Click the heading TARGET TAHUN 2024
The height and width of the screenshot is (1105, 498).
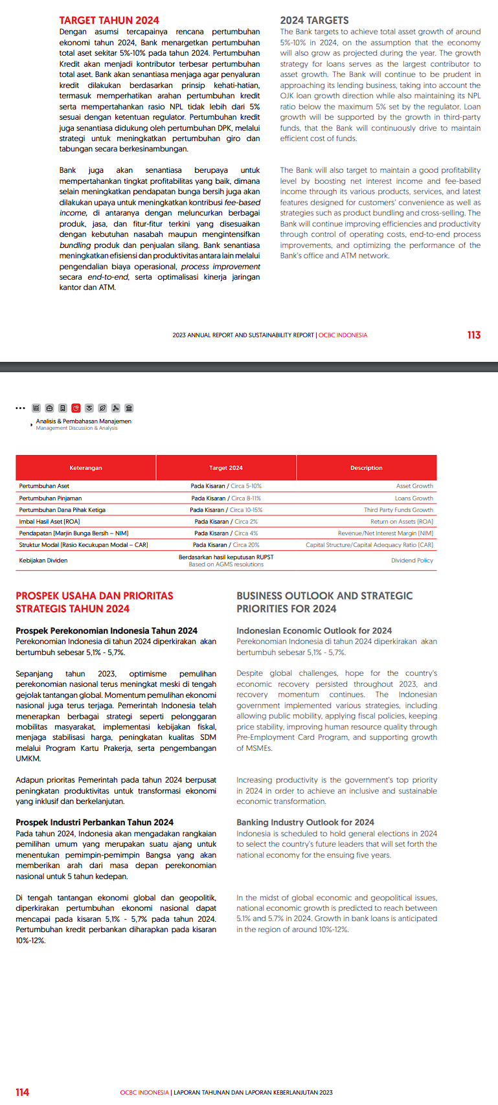(x=109, y=21)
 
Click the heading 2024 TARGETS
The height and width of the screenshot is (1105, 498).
(x=314, y=21)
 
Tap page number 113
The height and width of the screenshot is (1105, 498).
(x=473, y=335)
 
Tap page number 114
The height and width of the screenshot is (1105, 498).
(x=22, y=1093)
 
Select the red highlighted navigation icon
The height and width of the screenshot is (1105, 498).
(x=76, y=408)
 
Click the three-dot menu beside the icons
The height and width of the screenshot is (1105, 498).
(x=20, y=408)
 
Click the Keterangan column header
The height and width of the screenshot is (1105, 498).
(x=85, y=468)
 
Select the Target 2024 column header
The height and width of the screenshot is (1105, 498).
(x=226, y=468)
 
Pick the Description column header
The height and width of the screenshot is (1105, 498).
(x=367, y=468)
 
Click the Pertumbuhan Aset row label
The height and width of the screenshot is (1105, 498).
(x=44, y=486)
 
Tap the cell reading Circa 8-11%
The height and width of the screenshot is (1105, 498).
(x=246, y=498)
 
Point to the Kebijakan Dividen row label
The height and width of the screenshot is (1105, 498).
(x=43, y=561)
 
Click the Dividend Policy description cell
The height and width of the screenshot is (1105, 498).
(x=412, y=561)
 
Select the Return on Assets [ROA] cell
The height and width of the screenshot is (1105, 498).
(x=402, y=522)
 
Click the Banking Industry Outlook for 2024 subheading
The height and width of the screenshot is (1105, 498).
(x=305, y=822)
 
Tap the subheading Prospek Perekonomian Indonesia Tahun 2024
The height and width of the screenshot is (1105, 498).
(x=107, y=631)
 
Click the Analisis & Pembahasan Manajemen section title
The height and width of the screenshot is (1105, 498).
(x=84, y=421)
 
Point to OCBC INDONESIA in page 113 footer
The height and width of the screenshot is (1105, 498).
(x=343, y=335)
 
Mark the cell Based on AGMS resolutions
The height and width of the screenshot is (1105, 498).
(x=226, y=564)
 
